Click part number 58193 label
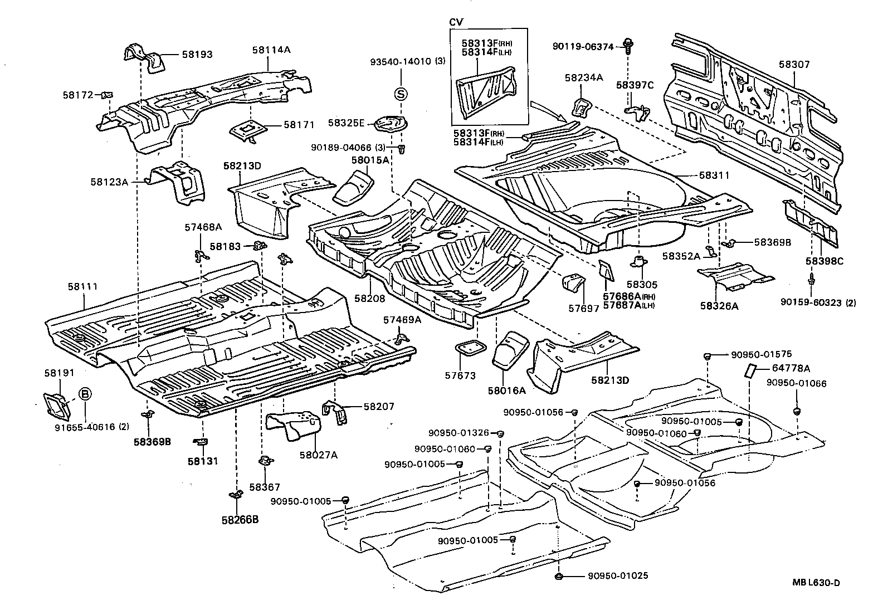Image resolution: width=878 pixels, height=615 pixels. [x=197, y=55]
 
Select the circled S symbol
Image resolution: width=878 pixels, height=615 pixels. [x=401, y=94]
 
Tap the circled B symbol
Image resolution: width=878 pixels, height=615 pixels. [x=84, y=394]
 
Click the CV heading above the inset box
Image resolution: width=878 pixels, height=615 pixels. [x=456, y=22]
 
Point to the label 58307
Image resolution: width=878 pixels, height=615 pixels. [x=794, y=65]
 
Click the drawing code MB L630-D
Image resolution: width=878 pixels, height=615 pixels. [x=816, y=583]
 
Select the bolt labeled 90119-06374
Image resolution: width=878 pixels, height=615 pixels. [x=628, y=45]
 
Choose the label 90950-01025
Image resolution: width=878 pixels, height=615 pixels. [x=618, y=576]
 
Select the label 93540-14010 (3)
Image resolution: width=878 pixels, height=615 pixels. [x=408, y=61]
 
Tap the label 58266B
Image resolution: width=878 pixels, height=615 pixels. [x=240, y=520]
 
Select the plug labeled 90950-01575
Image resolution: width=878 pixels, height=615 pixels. [x=706, y=355]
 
